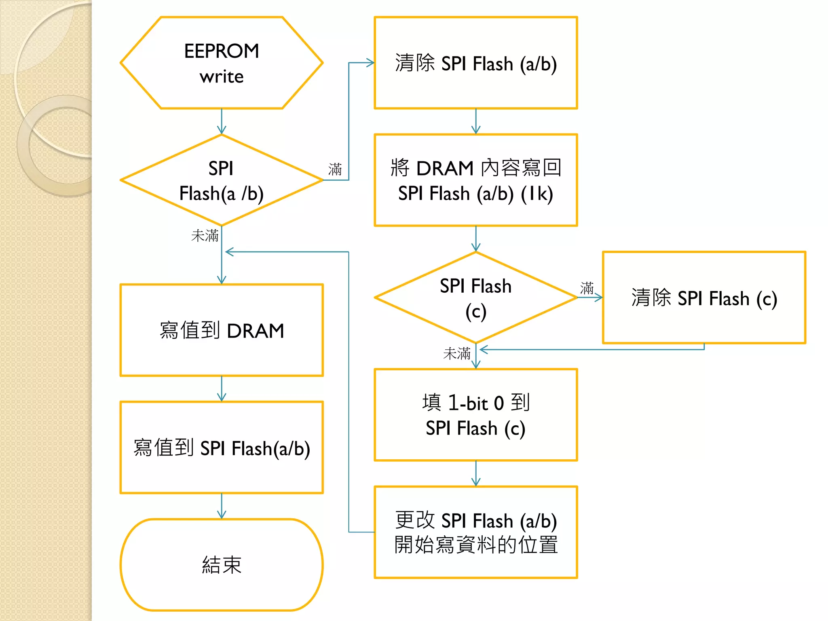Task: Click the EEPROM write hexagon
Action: coord(222,63)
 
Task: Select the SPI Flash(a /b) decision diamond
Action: coord(222,180)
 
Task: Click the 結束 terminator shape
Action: coord(222,565)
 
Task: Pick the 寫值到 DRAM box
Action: coord(222,330)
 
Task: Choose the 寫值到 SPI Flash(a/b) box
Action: coord(222,448)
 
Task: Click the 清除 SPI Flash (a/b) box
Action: coord(475,63)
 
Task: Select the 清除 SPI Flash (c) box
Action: coord(703,298)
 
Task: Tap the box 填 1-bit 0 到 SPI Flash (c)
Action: coord(475,415)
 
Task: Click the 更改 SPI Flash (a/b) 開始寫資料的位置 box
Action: coord(475,532)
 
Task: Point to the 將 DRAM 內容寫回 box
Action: coord(475,180)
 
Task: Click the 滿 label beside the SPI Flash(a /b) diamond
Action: coord(335,169)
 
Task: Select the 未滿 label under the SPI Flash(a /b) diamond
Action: coord(205,236)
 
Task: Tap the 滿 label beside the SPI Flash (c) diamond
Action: coord(587,288)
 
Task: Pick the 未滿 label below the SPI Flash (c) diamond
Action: coord(456,354)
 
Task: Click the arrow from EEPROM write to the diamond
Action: coord(222,121)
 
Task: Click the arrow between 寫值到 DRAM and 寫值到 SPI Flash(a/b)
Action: coord(222,389)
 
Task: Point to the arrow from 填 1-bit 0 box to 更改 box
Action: coord(476,473)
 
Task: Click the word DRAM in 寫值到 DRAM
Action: coord(256,331)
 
